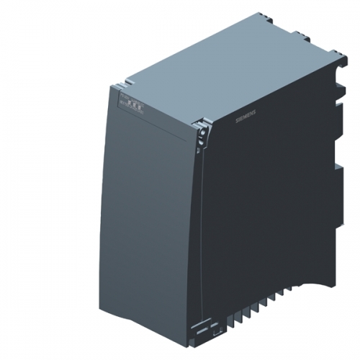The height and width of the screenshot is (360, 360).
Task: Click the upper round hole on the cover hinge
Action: pos(202,130)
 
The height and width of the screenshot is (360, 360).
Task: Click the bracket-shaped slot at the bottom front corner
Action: pos(215,333)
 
